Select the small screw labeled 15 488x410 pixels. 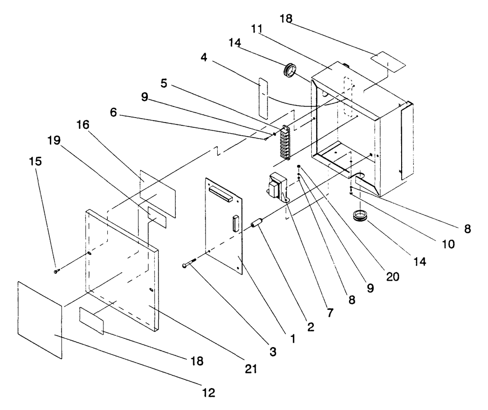click(57, 270)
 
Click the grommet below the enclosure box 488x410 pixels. click(359, 216)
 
